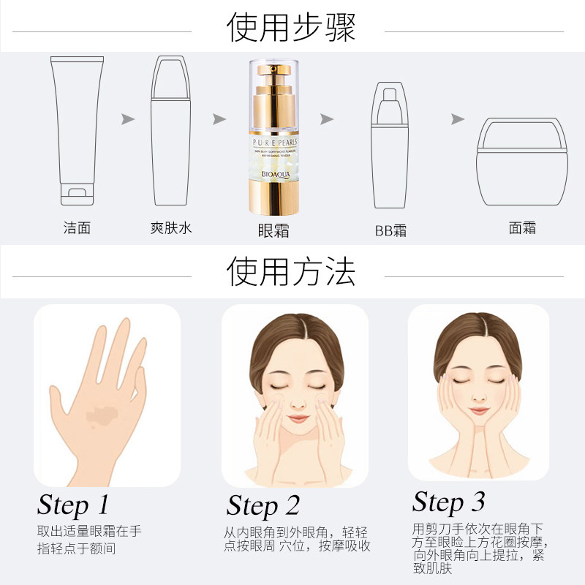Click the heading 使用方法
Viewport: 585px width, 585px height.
click(x=292, y=272)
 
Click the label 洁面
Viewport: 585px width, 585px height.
click(x=78, y=227)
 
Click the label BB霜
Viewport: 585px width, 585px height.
click(x=390, y=231)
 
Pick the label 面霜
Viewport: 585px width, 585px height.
click(x=522, y=227)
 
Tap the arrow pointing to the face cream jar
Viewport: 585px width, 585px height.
click(x=458, y=118)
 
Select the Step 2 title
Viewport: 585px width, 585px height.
click(x=263, y=505)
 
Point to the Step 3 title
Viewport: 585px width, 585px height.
click(x=448, y=502)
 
